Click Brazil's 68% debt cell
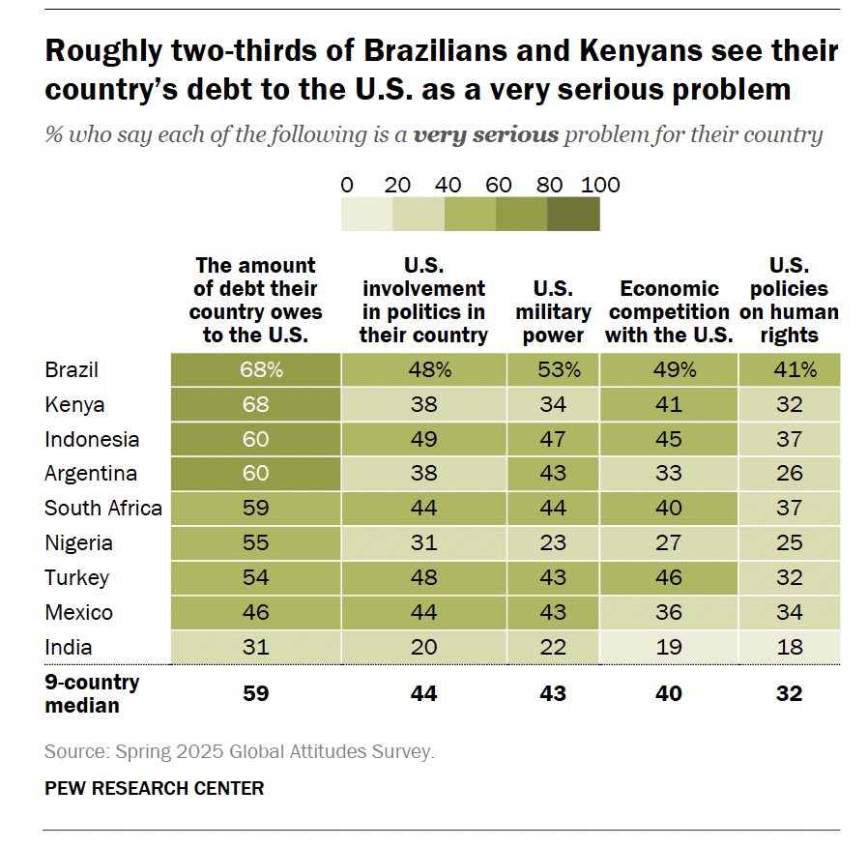tap(255, 369)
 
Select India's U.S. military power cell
tap(554, 647)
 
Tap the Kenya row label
tap(74, 404)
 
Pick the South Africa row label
tap(103, 508)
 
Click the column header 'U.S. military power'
tap(554, 311)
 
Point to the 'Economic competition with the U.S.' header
tap(669, 311)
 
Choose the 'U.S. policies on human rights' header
tap(789, 300)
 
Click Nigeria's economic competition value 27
tap(669, 542)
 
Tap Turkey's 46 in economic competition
tap(669, 577)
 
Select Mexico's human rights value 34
tap(789, 612)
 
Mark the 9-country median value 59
tap(255, 693)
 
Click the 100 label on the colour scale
tap(599, 185)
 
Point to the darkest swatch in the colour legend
tap(573, 214)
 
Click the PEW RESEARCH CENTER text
tap(154, 788)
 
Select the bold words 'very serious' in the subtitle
tap(485, 133)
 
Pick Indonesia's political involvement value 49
tap(423, 439)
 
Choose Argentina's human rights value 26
tap(789, 474)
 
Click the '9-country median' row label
tap(92, 693)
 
